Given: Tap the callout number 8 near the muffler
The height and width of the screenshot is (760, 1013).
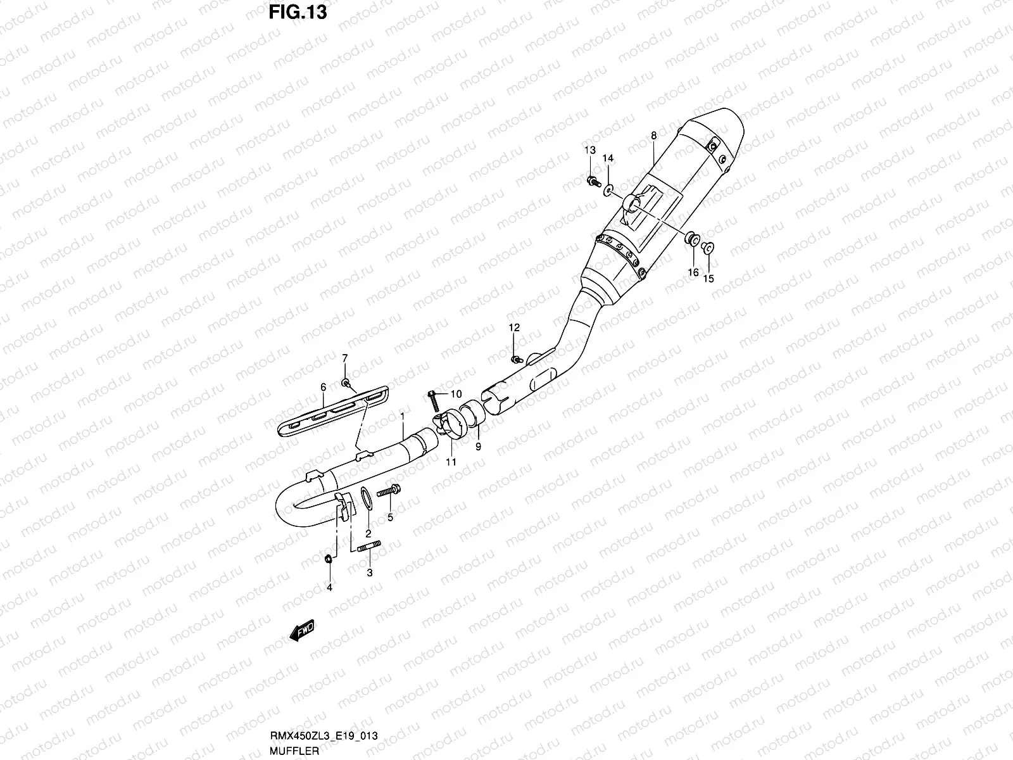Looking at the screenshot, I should pos(653,136).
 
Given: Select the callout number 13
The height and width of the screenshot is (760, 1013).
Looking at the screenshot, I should pos(589,150).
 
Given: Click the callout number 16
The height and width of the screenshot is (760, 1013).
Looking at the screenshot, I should pos(693,272).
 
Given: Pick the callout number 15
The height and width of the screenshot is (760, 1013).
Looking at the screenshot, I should pos(708,278).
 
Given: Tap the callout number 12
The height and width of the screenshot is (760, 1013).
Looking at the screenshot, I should pos(513,327).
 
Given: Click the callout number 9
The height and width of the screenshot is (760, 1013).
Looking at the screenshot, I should pos(478,446).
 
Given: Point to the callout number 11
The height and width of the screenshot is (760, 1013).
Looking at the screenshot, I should pos(450,462).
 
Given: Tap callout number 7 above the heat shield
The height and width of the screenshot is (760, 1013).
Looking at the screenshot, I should pos(345,358).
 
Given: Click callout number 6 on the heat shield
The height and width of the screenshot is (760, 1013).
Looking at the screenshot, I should pos(323,386).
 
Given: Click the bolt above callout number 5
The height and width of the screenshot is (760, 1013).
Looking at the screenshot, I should pos(387,491).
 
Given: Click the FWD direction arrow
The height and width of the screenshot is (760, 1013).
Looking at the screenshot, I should pos(302,631).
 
